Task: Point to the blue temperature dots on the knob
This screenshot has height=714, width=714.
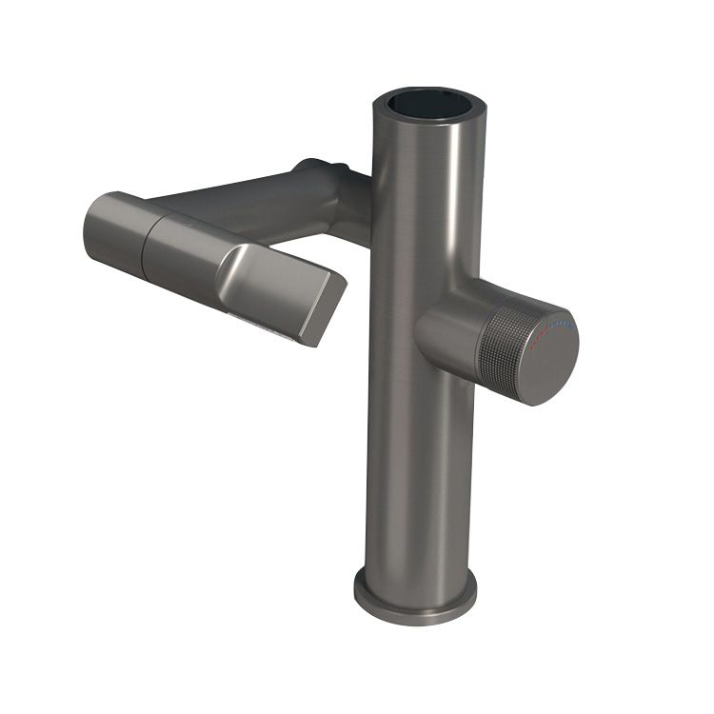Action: [562, 325]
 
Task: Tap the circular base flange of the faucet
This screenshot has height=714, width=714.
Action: [415, 597]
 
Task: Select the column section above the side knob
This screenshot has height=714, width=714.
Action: [419, 209]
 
